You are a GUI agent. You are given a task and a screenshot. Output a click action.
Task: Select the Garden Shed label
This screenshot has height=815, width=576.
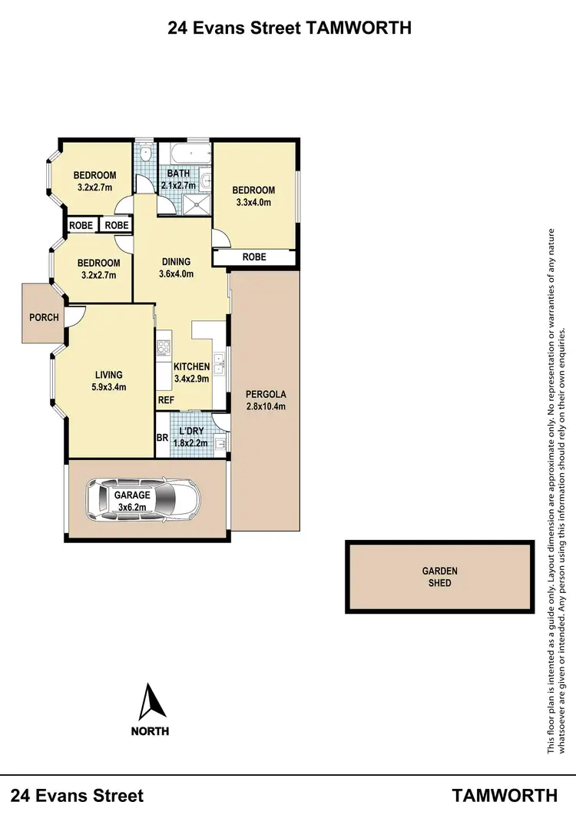click(x=440, y=577)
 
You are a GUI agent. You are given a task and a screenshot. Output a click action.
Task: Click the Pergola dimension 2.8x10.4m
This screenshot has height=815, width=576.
click(x=266, y=406)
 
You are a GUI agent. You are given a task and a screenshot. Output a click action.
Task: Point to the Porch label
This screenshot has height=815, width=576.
click(x=44, y=317)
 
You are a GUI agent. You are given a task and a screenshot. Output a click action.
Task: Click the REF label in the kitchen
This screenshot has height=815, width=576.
click(x=167, y=400)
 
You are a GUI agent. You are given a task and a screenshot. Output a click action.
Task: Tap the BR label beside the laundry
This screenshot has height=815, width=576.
click(x=162, y=438)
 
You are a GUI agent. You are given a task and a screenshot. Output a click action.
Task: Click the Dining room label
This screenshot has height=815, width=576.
click(x=175, y=262)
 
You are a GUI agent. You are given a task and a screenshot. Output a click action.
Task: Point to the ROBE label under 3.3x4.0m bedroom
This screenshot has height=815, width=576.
click(x=254, y=257)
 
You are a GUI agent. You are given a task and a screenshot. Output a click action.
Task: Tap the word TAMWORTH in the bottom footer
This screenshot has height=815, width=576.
click(x=505, y=794)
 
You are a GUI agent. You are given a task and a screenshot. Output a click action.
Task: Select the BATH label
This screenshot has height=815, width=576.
click(x=178, y=174)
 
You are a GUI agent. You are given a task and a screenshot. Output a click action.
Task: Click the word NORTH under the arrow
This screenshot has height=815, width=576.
click(x=151, y=731)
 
